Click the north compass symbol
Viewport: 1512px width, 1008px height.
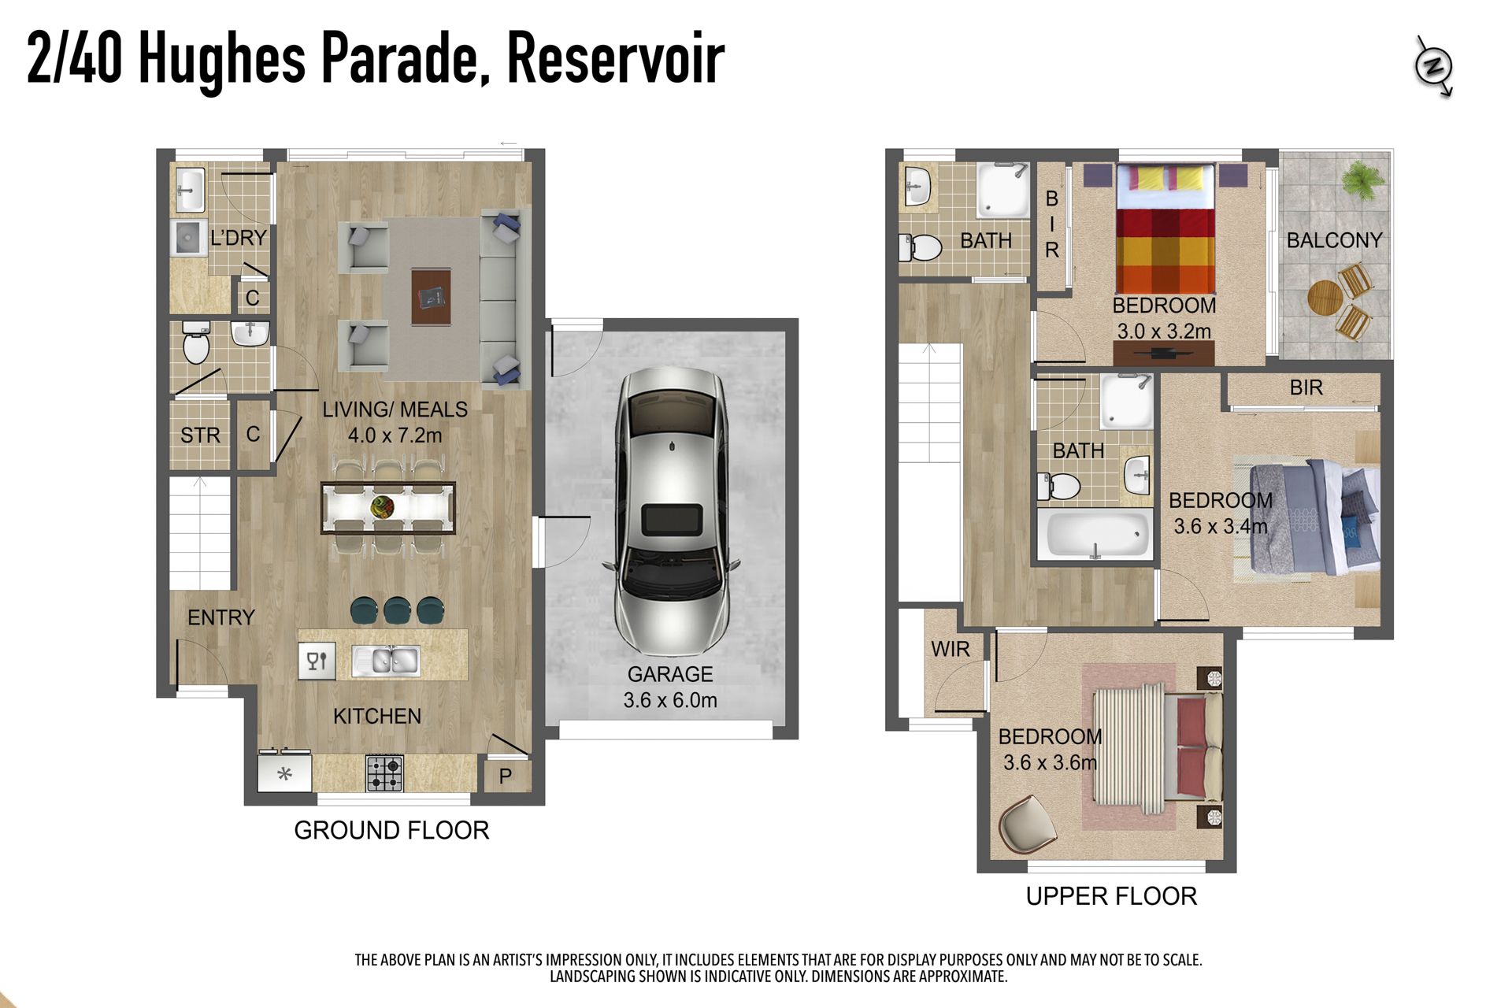1434,67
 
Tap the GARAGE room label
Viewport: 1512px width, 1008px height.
670,674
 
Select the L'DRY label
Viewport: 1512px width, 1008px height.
239,238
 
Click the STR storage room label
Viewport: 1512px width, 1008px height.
200,435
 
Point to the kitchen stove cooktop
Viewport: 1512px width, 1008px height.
384,773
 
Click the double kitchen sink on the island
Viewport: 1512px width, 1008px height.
385,660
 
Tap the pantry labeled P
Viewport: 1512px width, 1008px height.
505,776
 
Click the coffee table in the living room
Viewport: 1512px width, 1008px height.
431,296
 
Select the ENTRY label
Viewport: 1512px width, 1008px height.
221,617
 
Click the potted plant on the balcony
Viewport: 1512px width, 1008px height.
1362,180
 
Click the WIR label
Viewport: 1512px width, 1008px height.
951,650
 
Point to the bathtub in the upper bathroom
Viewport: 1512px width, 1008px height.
1095,535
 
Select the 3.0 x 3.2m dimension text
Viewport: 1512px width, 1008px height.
1164,332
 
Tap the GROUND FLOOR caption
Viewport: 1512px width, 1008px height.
391,830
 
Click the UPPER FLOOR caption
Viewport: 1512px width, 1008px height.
1111,896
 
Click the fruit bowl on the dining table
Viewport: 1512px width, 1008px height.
383,506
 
